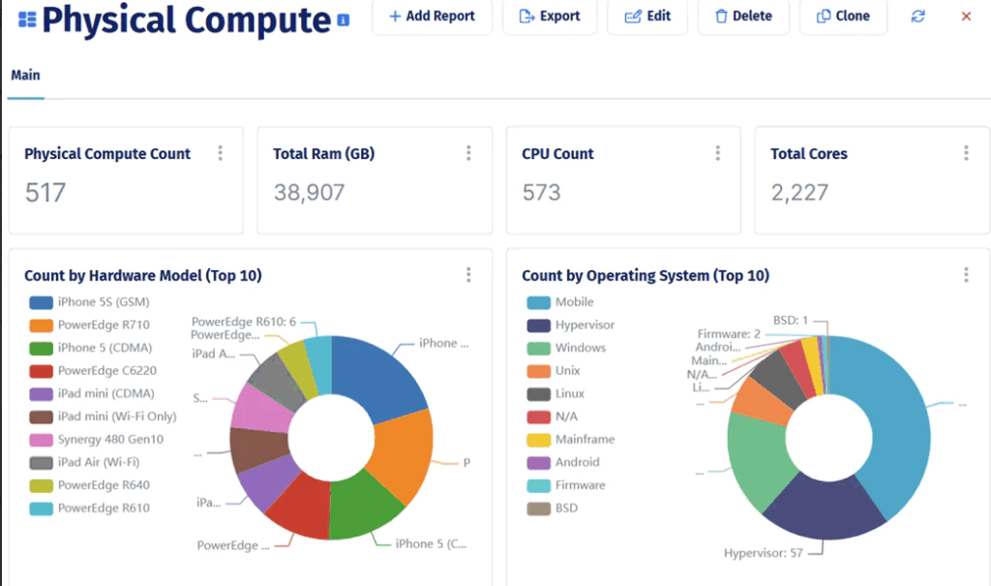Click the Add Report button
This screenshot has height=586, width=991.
432,16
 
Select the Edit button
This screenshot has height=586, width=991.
647,16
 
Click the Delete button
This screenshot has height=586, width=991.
742,16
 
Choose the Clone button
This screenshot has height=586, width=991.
843,16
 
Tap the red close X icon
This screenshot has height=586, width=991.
966,16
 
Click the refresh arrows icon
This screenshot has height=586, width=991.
918,16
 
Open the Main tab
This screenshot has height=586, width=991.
25,75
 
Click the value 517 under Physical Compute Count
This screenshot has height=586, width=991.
45,192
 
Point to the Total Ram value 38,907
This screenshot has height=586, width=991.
309,192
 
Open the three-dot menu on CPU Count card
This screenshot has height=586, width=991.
717,153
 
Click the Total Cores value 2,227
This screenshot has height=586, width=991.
799,192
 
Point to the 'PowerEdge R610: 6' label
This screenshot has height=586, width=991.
243,322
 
